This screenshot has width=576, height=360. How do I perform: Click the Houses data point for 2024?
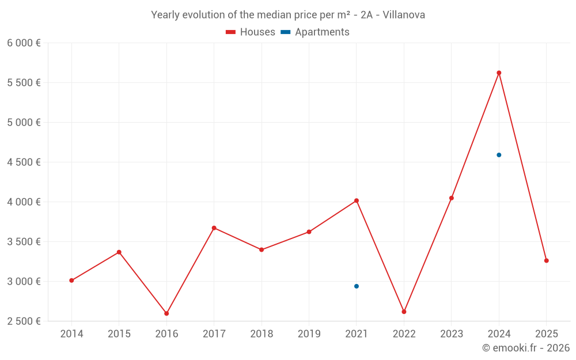tap(499, 73)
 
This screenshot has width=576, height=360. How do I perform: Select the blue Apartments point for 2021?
tap(357, 286)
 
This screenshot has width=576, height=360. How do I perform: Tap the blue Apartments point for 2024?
tap(499, 155)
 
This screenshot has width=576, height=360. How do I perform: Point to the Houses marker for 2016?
tap(166, 313)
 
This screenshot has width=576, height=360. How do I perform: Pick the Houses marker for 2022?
tap(404, 312)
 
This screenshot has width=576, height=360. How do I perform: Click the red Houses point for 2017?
tap(214, 228)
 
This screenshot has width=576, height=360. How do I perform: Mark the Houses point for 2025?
tap(546, 261)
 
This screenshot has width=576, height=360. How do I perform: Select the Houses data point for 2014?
tap(71, 281)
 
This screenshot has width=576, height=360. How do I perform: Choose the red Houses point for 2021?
tap(357, 200)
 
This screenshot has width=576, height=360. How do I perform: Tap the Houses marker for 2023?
tap(452, 198)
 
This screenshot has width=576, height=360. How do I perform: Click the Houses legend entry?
tap(251, 32)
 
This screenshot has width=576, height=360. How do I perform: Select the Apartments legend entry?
tap(315, 32)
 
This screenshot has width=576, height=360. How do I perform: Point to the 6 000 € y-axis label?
tap(24, 43)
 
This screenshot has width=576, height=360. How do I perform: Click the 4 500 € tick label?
tap(24, 162)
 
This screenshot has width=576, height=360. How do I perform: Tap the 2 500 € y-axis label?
tap(24, 321)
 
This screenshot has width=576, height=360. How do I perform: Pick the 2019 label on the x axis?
tap(309, 334)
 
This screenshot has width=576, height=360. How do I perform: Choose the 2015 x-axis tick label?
tap(119, 334)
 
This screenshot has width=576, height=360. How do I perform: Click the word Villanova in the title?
tap(404, 15)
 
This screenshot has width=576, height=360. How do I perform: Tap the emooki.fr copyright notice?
tap(526, 348)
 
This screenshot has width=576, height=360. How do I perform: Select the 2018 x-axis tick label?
tap(262, 334)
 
